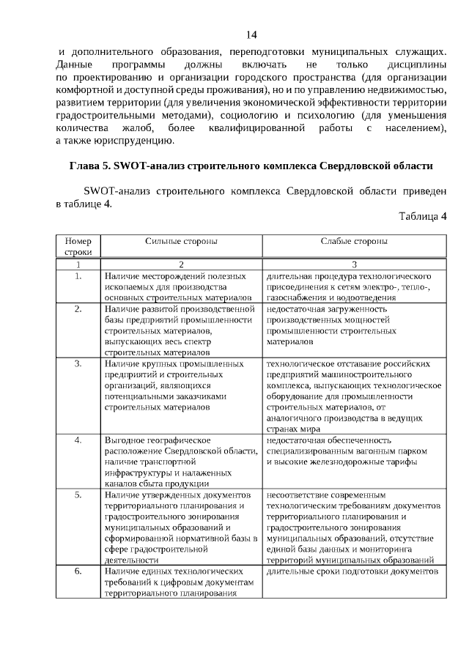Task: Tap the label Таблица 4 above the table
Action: tap(423, 216)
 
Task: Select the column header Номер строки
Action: tap(78, 246)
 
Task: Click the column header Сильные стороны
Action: tap(181, 241)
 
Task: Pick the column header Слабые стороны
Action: tap(354, 241)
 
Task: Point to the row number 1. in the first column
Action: tap(78, 276)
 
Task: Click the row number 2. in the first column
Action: tap(78, 309)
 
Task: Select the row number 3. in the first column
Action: tap(78, 363)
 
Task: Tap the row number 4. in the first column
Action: tap(78, 440)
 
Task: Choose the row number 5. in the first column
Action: tap(78, 495)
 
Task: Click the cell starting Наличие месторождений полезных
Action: tap(181, 287)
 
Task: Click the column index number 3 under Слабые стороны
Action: tap(354, 264)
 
